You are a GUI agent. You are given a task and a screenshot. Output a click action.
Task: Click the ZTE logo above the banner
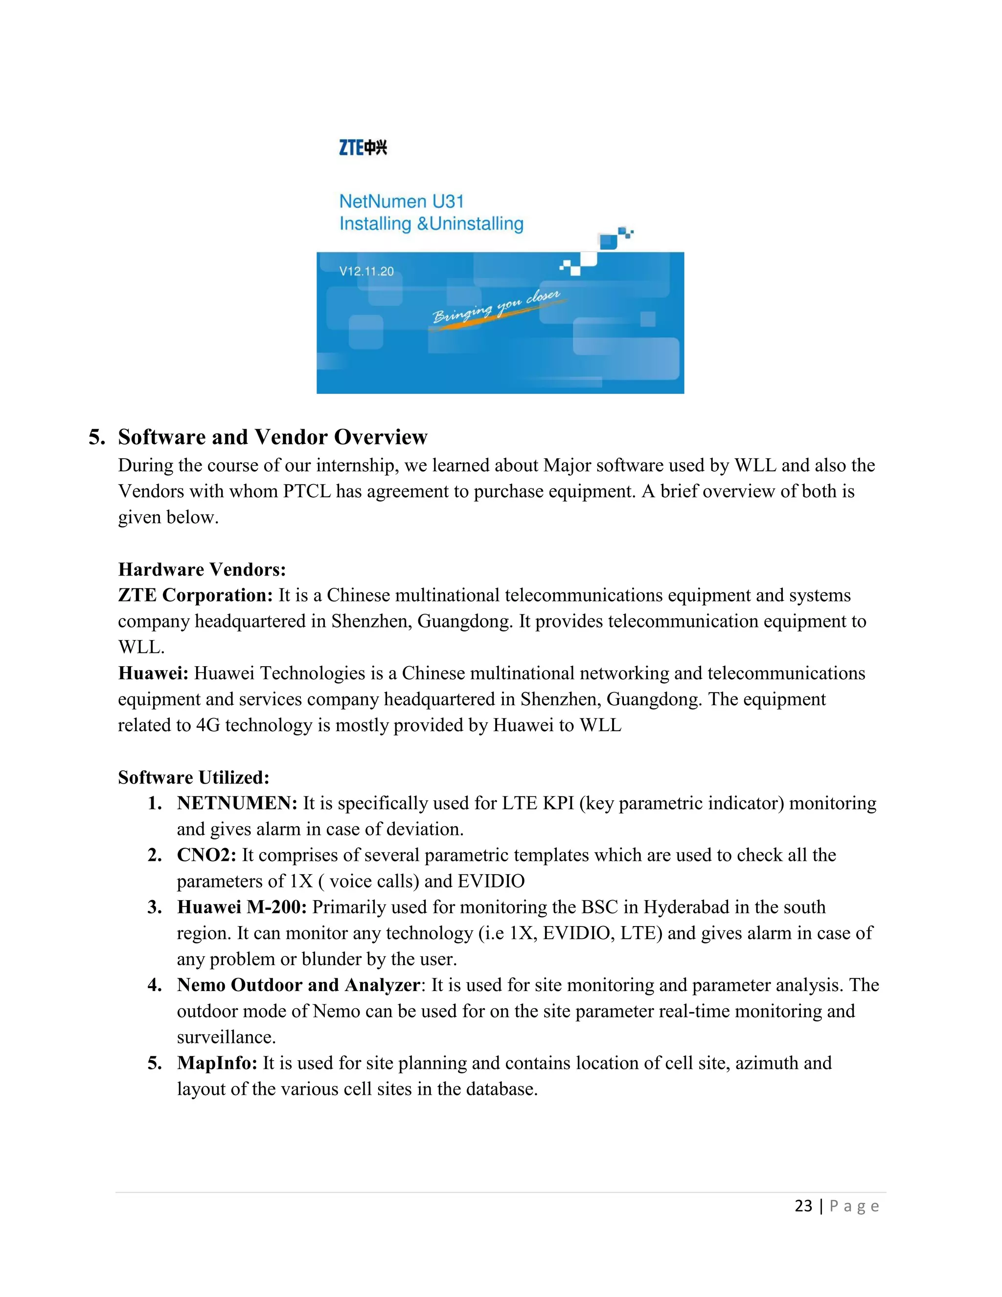pyautogui.click(x=363, y=147)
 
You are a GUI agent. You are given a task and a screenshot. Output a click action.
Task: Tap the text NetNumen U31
pyautogui.click(x=401, y=201)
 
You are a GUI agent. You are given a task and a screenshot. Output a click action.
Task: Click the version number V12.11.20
pyautogui.click(x=366, y=272)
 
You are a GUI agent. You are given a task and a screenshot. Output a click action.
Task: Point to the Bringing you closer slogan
pyautogui.click(x=496, y=307)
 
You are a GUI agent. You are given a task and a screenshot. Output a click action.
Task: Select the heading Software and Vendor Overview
pyautogui.click(x=273, y=437)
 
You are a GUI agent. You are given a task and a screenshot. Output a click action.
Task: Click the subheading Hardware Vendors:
pyautogui.click(x=202, y=570)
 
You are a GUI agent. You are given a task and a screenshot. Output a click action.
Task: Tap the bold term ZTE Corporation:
pyautogui.click(x=195, y=595)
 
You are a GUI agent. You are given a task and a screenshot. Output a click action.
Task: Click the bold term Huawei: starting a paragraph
pyautogui.click(x=153, y=673)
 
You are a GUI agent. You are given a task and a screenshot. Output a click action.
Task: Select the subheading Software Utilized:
pyautogui.click(x=194, y=777)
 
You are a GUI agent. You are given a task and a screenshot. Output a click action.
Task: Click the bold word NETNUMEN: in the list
pyautogui.click(x=237, y=803)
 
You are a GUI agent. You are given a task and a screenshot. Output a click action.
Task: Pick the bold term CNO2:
pyautogui.click(x=206, y=855)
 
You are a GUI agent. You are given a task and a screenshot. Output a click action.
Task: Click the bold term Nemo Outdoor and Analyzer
pyautogui.click(x=298, y=985)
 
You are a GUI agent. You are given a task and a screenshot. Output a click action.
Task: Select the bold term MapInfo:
pyautogui.click(x=217, y=1063)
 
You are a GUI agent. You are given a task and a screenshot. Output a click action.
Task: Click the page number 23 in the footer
pyautogui.click(x=803, y=1206)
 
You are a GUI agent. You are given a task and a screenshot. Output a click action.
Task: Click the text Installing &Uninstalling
pyautogui.click(x=431, y=224)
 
